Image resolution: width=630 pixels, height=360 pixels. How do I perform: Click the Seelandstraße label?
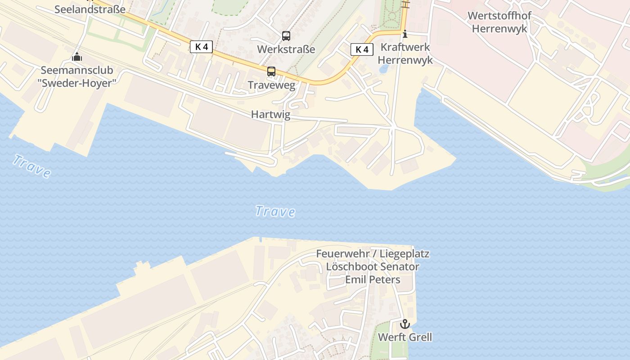90,9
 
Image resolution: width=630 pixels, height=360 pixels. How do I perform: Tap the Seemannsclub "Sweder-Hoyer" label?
77,76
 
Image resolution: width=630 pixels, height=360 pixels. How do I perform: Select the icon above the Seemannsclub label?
77,57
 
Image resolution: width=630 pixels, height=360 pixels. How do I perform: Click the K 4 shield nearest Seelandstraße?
201,47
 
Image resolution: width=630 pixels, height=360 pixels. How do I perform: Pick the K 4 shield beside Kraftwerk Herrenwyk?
362,49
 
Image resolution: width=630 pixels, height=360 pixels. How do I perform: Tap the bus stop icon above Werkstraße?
286,36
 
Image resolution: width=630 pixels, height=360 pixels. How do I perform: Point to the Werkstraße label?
286,49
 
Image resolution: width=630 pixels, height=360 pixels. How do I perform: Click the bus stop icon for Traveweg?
271,72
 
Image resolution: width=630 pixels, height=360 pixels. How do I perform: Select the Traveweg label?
271,85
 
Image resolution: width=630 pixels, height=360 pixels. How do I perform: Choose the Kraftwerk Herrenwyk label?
405,54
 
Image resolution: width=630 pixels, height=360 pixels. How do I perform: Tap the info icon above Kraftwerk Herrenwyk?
405,34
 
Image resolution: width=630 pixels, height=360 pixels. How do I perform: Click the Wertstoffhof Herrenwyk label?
499,22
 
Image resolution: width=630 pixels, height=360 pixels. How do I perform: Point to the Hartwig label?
270,115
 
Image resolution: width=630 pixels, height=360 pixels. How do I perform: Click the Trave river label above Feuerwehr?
275,211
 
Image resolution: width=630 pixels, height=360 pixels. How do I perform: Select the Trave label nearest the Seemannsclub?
31,166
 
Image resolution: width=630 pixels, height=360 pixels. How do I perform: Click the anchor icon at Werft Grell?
405,324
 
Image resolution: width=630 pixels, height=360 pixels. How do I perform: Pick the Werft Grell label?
405,337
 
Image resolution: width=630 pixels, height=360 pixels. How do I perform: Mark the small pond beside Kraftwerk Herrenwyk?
384,69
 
